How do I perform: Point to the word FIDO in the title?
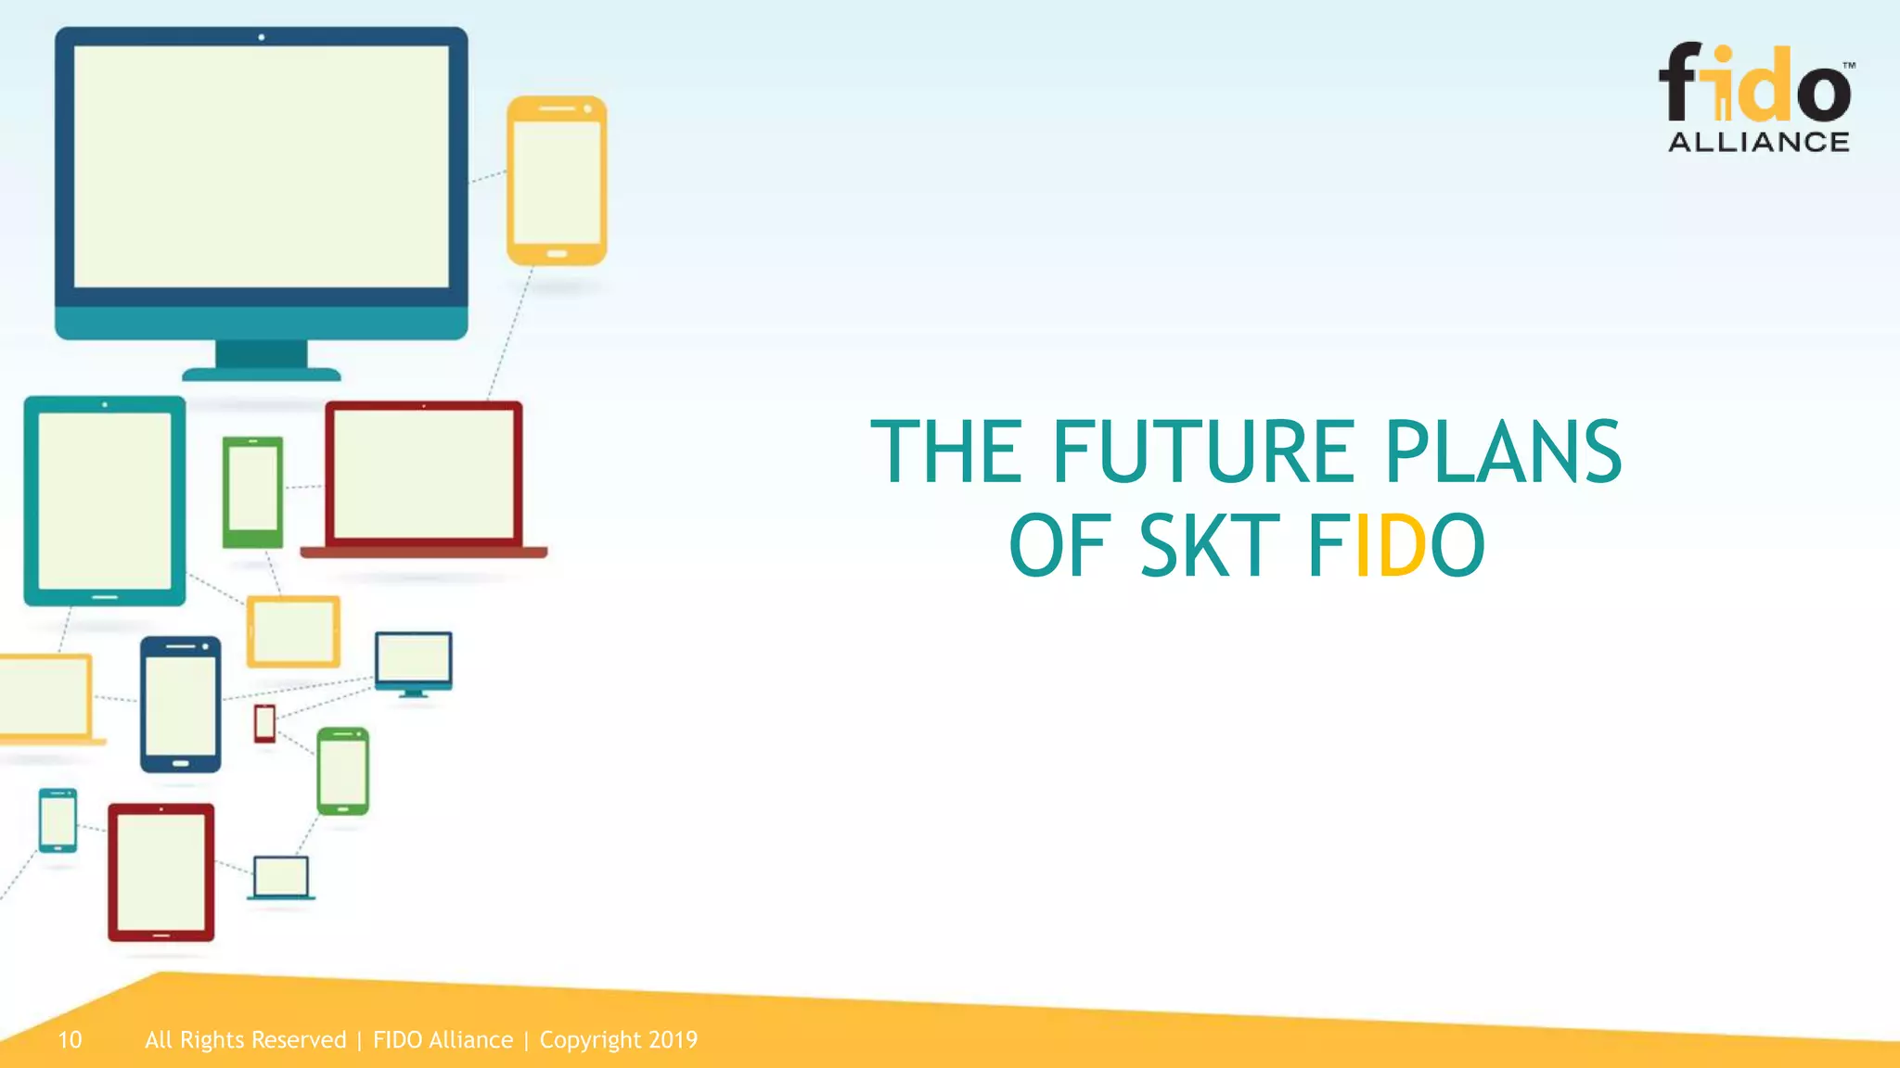(1396, 546)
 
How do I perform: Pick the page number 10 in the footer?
(70, 1040)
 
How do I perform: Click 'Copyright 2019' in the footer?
(618, 1040)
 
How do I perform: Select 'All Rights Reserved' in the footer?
(245, 1040)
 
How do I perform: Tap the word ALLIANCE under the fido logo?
(1758, 142)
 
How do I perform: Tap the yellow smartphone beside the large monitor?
(557, 181)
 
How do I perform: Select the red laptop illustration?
(424, 477)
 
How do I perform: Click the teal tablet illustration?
(105, 501)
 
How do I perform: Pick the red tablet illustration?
(161, 872)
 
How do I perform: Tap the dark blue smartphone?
(181, 705)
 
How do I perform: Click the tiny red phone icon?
(265, 723)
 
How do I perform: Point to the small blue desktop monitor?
(414, 660)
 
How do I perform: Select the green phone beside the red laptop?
(252, 491)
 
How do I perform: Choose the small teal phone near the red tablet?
(58, 820)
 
